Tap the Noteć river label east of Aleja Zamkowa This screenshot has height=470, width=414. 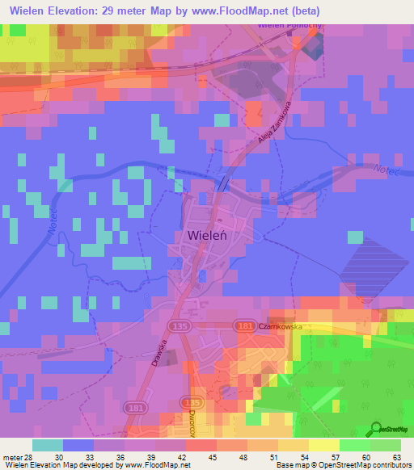click(x=386, y=170)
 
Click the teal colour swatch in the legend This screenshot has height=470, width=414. click(x=48, y=445)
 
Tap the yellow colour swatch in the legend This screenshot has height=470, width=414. click(x=323, y=445)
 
